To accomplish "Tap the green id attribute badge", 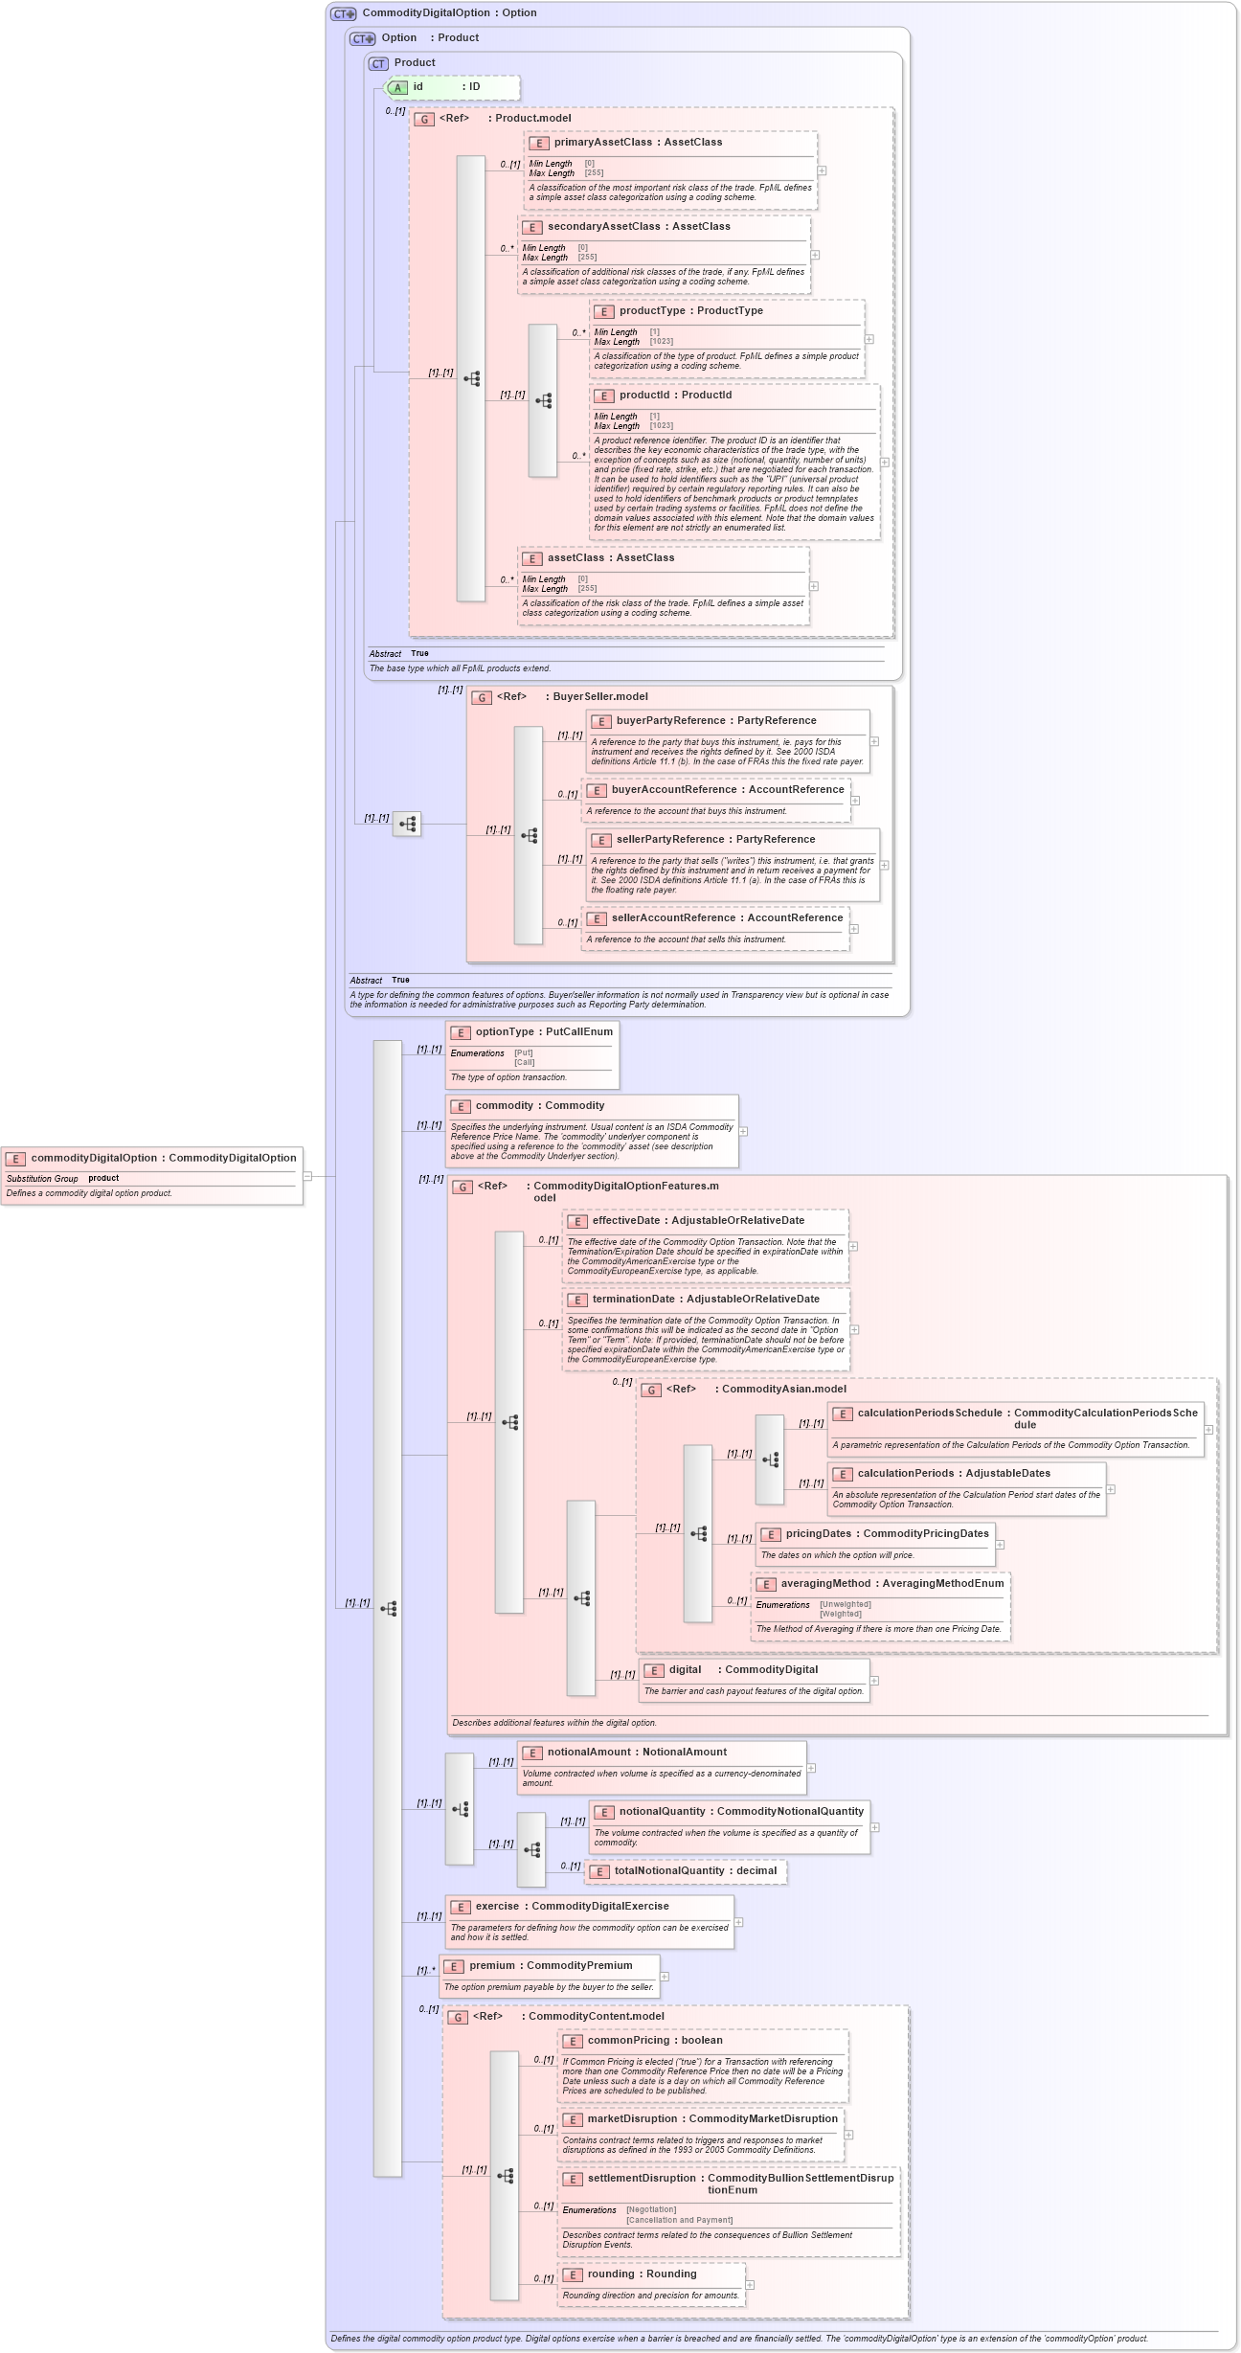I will pyautogui.click(x=397, y=87).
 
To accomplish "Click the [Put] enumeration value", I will pyautogui.click(x=523, y=1052).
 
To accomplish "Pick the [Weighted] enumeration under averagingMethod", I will pyautogui.click(x=840, y=1614).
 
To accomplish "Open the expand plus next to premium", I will pyautogui.click(x=665, y=1977).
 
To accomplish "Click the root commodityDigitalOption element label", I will pyautogui.click(x=163, y=1158).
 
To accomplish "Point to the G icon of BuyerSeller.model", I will pyautogui.click(x=482, y=697).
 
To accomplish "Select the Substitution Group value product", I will pyautogui.click(x=103, y=1178).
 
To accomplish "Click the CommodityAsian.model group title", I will pyautogui.click(x=783, y=1389).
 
